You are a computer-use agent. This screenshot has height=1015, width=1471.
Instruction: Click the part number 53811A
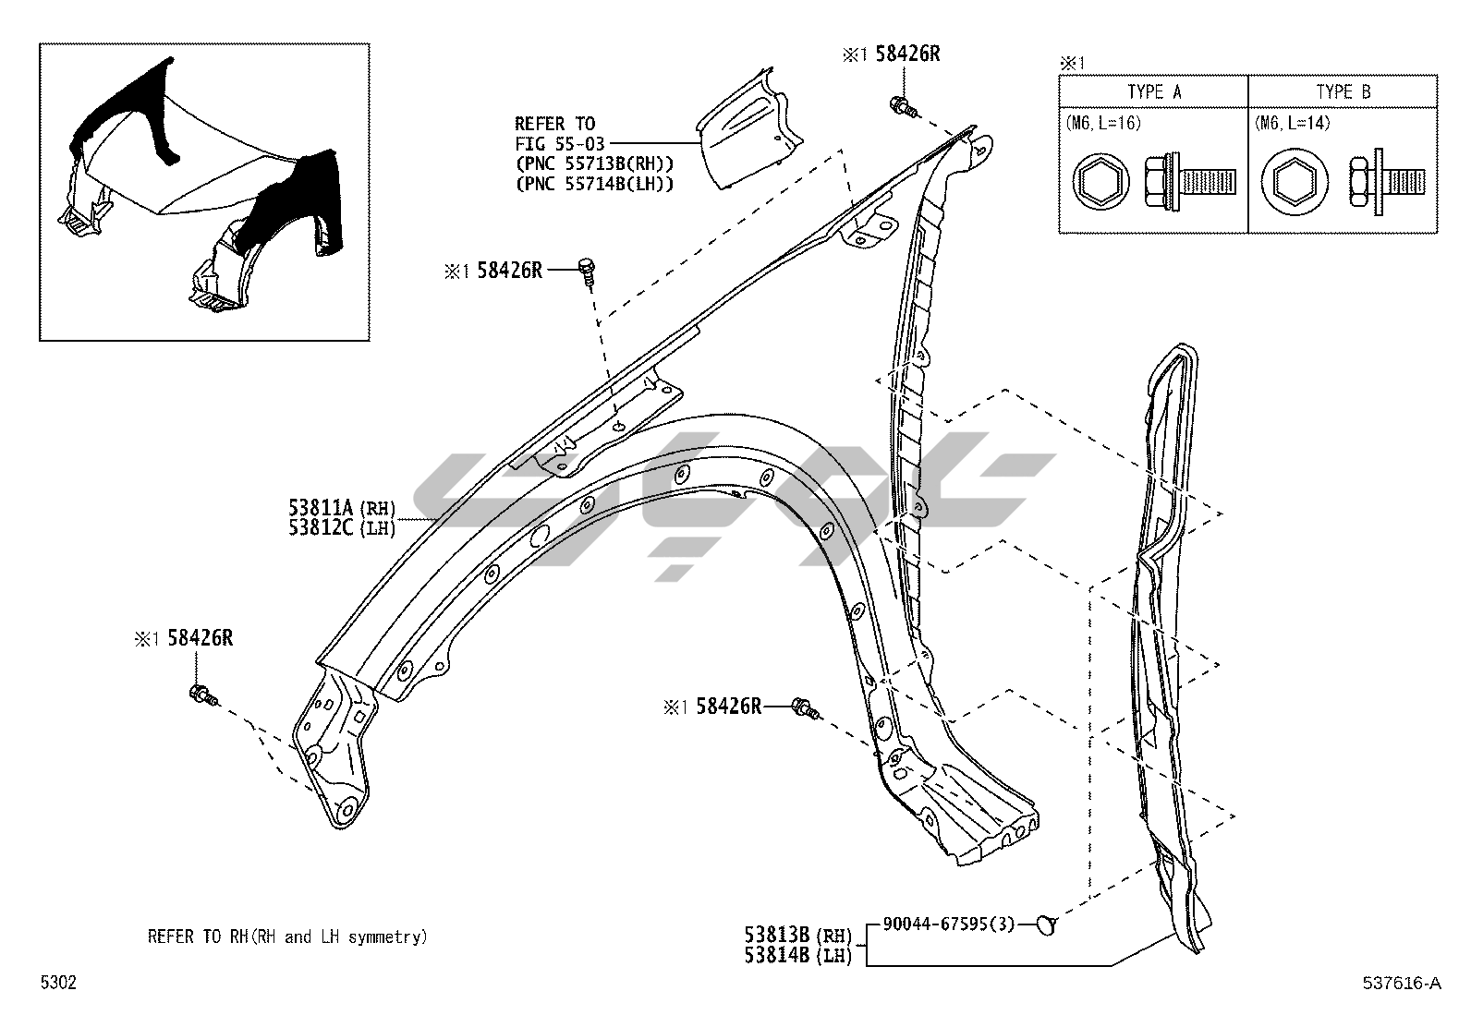(x=321, y=507)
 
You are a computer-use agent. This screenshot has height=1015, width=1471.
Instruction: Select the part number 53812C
(x=321, y=527)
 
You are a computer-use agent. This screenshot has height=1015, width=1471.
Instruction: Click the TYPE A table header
(x=1153, y=91)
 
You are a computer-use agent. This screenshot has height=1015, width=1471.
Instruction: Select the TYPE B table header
(x=1343, y=91)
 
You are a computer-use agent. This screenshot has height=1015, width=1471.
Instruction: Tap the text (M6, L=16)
(x=1103, y=122)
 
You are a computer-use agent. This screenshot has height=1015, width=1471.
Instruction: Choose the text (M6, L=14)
(x=1293, y=122)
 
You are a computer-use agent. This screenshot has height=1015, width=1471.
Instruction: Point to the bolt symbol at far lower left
(x=201, y=695)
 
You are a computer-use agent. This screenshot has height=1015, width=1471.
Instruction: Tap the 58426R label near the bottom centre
(x=729, y=707)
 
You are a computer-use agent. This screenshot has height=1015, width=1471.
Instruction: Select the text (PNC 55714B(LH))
(x=594, y=183)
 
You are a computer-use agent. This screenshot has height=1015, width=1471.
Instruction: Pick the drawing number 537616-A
(x=1402, y=983)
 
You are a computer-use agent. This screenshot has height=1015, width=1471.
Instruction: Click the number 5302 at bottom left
(x=58, y=983)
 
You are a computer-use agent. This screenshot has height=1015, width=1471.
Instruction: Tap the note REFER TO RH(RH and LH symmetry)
(x=287, y=936)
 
